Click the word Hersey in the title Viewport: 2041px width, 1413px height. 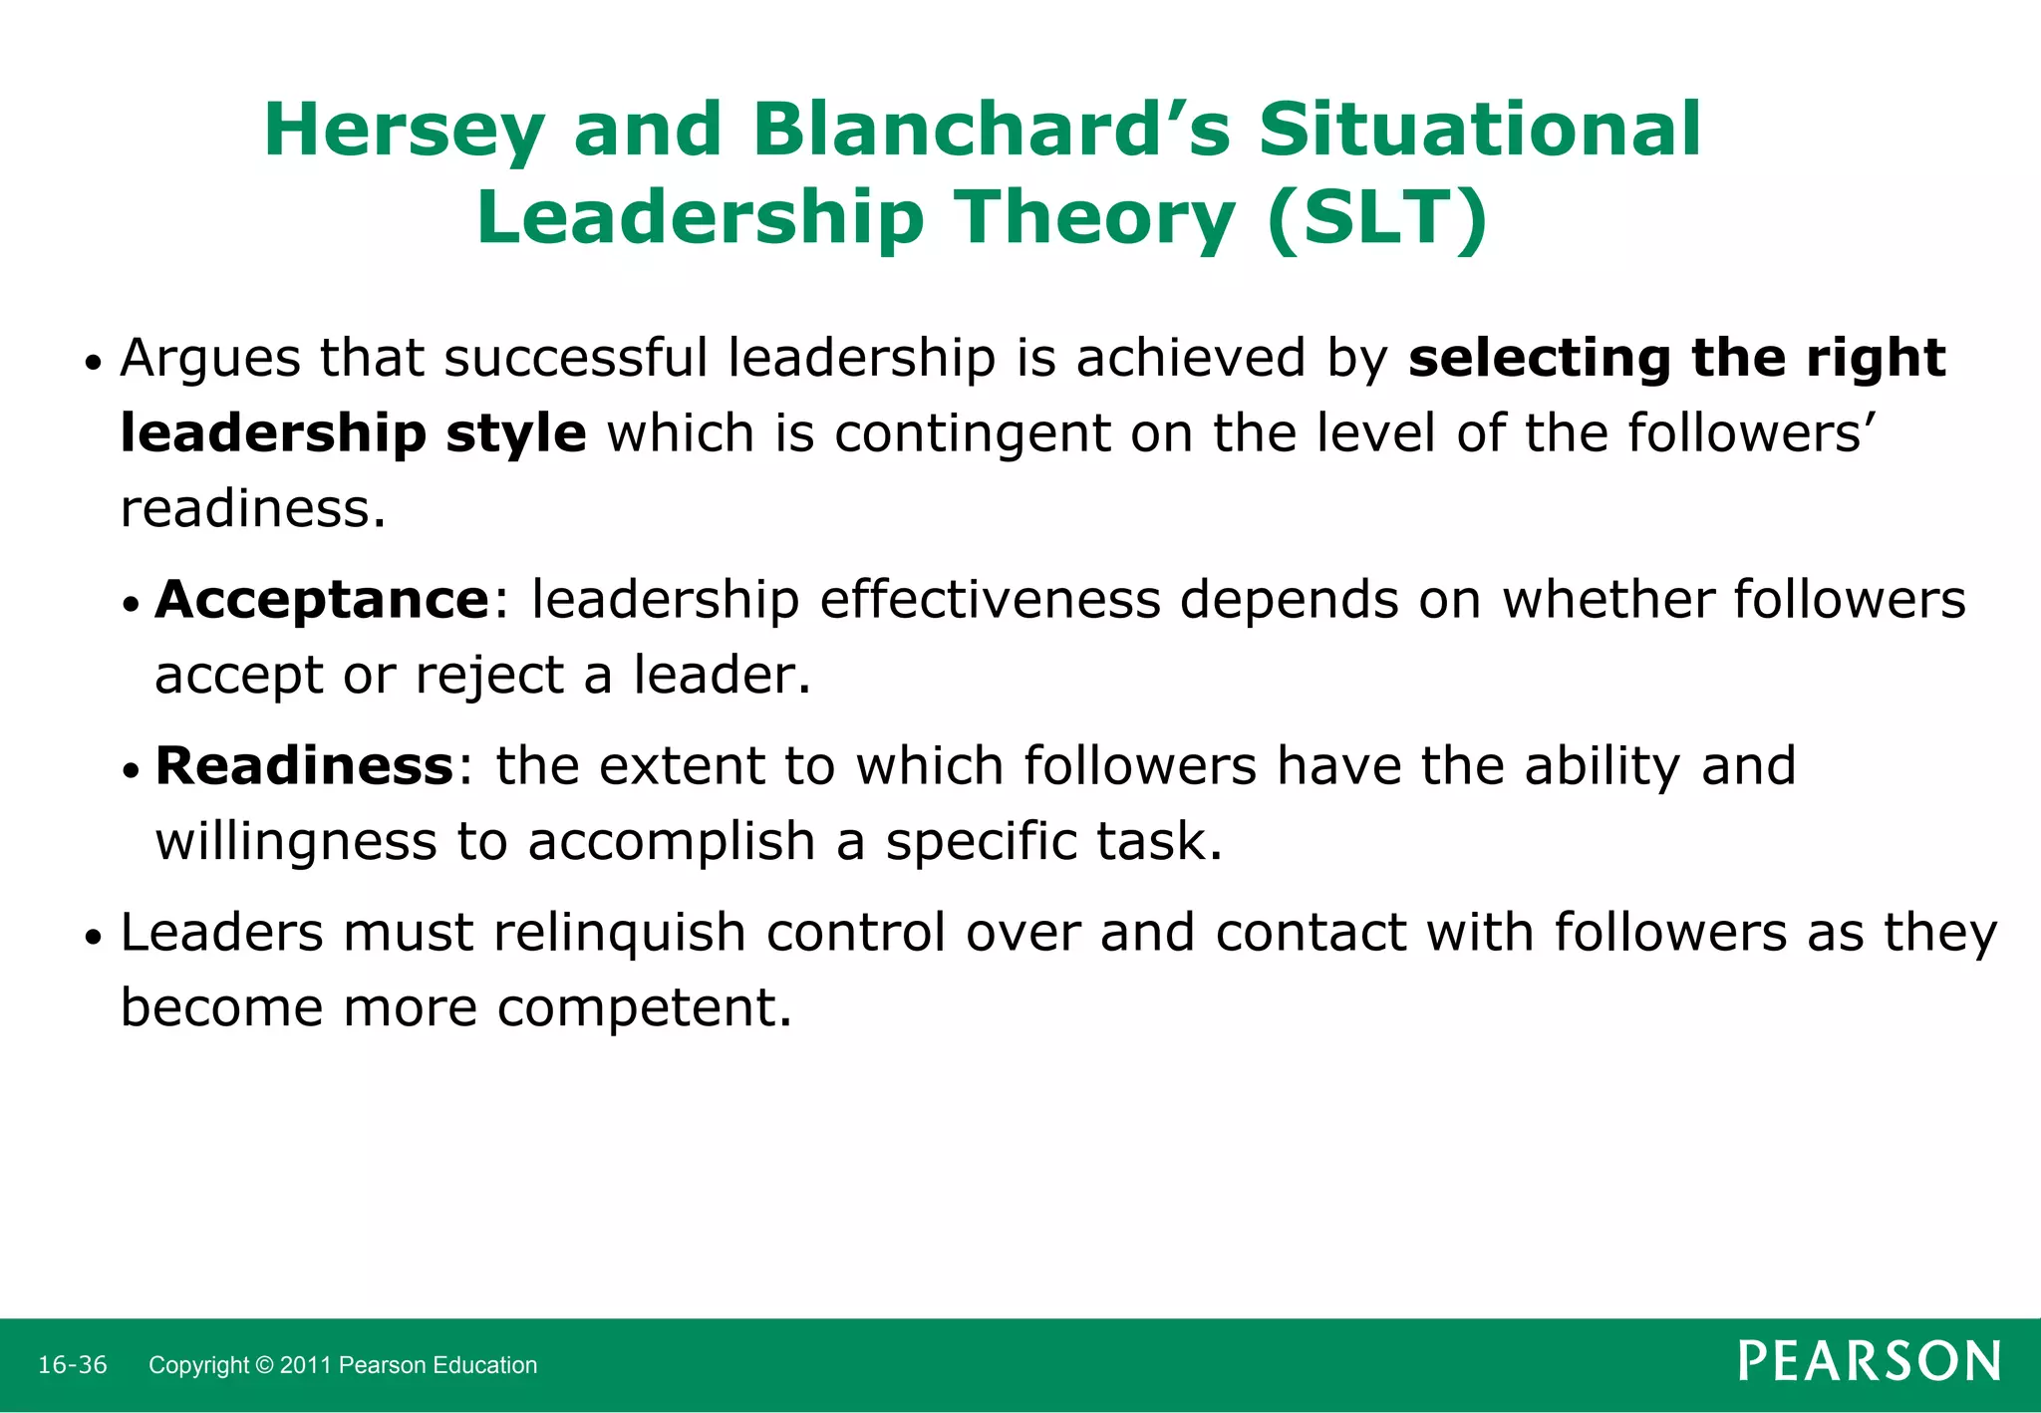(x=404, y=132)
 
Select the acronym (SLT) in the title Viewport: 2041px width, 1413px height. (x=1378, y=217)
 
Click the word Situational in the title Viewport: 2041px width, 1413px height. (x=1479, y=130)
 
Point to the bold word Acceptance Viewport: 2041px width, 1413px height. (x=322, y=600)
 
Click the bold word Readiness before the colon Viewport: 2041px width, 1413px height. (x=305, y=766)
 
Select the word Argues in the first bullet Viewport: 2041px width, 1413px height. (x=209, y=359)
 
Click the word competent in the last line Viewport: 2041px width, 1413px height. (x=644, y=1007)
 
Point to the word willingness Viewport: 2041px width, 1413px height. (x=296, y=842)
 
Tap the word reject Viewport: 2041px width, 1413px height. (x=489, y=676)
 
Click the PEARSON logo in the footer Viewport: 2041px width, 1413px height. (x=1869, y=1362)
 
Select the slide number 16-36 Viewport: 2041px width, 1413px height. (x=73, y=1365)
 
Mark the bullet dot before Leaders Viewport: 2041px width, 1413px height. (x=94, y=938)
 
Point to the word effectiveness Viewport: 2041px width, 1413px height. (x=990, y=600)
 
